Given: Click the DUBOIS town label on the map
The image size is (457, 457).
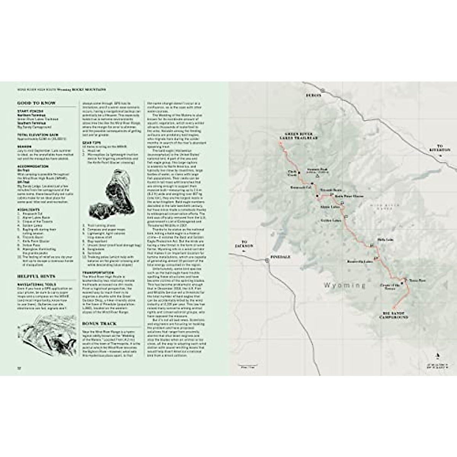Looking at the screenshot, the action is coord(314,96).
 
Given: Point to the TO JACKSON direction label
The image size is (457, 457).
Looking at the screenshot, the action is coord(244,244).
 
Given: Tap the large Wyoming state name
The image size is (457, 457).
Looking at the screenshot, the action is coord(344,285).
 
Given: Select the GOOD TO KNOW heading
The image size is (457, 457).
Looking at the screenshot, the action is coord(36,103).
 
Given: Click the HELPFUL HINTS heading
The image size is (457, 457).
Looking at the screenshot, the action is coord(36,276).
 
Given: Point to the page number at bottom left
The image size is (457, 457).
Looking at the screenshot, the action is coord(19,368).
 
